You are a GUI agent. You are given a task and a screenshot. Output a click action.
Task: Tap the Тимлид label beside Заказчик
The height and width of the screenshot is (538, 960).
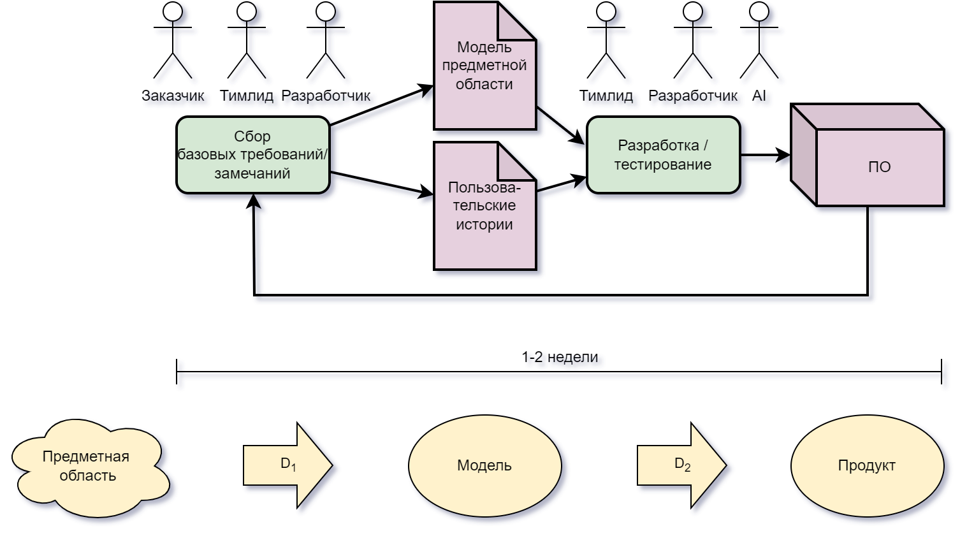(x=246, y=96)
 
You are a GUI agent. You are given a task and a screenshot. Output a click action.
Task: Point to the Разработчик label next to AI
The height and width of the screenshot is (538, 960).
(x=692, y=96)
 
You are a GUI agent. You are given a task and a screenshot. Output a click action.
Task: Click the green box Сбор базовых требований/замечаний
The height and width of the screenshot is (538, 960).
(x=253, y=155)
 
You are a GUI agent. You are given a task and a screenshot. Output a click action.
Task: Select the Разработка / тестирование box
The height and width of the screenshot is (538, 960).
(x=663, y=155)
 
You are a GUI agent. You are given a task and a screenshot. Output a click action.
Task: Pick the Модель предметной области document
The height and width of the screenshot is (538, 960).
(x=484, y=70)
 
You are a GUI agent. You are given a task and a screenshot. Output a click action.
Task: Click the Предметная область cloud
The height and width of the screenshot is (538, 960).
(x=88, y=466)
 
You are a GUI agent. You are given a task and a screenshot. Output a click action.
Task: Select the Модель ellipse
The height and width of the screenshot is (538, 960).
(x=484, y=465)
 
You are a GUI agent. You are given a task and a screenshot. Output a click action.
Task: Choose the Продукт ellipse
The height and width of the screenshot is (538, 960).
(x=867, y=465)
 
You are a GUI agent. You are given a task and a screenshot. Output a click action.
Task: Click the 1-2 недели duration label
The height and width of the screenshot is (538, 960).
(x=560, y=357)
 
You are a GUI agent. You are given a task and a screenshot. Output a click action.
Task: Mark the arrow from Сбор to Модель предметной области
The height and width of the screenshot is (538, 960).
(x=381, y=106)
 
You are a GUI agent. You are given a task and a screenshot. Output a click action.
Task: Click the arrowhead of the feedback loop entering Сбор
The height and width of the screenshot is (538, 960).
(x=254, y=201)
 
